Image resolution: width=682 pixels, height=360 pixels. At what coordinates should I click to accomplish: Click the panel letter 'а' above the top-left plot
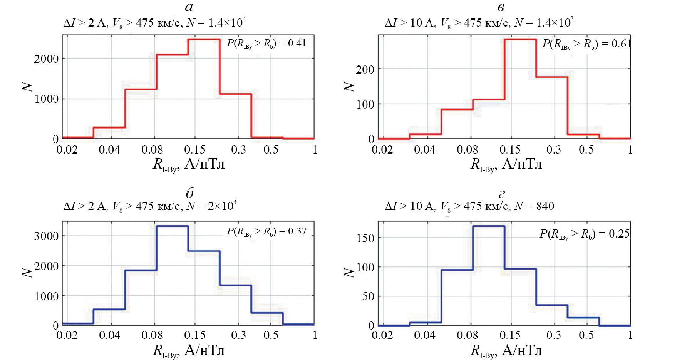click(189, 7)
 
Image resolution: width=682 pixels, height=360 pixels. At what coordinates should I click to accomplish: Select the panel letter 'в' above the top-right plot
click(501, 7)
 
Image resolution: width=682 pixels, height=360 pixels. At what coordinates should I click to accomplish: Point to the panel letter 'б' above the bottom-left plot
click(189, 193)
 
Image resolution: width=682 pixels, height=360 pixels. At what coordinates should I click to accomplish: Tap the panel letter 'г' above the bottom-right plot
click(501, 194)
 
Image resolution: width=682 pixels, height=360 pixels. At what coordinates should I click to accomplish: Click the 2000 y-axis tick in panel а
click(46, 59)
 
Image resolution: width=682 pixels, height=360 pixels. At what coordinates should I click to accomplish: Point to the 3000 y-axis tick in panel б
click(46, 236)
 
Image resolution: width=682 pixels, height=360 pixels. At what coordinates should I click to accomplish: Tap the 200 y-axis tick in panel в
click(365, 70)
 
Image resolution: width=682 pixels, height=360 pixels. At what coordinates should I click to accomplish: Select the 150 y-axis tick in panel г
click(365, 238)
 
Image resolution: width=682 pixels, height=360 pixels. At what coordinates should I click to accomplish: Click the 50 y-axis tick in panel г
click(368, 296)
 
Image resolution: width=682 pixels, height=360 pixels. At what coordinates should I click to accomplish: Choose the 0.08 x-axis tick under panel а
click(152, 150)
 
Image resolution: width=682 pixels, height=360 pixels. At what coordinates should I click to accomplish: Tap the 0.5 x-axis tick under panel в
click(586, 150)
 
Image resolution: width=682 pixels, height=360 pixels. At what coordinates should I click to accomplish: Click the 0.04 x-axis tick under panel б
click(109, 335)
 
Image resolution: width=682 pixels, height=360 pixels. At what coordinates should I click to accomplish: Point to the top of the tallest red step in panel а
click(204, 39)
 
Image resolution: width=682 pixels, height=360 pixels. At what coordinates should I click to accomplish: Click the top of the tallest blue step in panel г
click(488, 226)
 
